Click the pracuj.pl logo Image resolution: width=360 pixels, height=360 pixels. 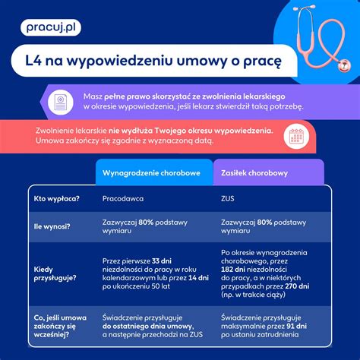[x=51, y=29]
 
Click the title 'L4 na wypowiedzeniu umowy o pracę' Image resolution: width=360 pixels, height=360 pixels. [x=149, y=60]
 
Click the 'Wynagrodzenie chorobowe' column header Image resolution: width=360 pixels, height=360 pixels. [x=152, y=173]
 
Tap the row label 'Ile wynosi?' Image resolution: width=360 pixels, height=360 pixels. [x=52, y=226]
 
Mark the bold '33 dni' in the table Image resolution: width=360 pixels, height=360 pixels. [x=161, y=260]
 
